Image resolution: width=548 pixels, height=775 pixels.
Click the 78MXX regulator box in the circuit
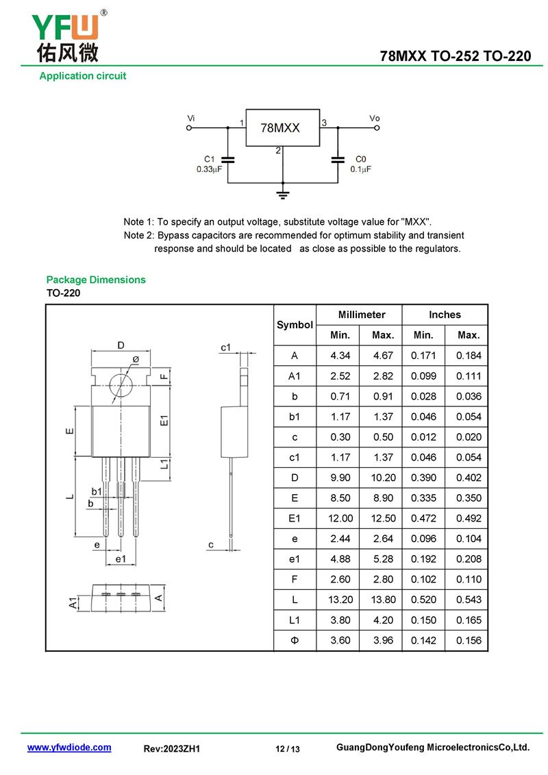pyautogui.click(x=282, y=127)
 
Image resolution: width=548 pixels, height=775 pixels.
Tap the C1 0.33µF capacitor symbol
pyautogui.click(x=228, y=160)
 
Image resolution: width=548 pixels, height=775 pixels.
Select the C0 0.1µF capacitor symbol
pyautogui.click(x=338, y=160)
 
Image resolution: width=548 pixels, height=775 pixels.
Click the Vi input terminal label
pyautogui.click(x=191, y=119)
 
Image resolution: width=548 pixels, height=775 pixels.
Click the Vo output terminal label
pyautogui.click(x=374, y=119)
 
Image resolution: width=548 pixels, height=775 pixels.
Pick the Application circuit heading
pyautogui.click(x=83, y=76)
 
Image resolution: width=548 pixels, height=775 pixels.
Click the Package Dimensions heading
pyautogui.click(x=96, y=280)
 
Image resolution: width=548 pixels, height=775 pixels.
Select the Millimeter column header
pyautogui.click(x=362, y=315)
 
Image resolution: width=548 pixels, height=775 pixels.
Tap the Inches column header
pyautogui.click(x=445, y=315)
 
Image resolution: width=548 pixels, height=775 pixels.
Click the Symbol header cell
pyautogui.click(x=295, y=325)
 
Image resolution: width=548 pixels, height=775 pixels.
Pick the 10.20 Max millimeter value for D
pyautogui.click(x=383, y=478)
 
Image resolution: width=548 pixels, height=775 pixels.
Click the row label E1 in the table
pyautogui.click(x=295, y=518)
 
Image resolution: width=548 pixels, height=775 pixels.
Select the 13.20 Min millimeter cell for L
pyautogui.click(x=340, y=600)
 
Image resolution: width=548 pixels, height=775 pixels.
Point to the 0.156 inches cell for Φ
pyautogui.click(x=469, y=641)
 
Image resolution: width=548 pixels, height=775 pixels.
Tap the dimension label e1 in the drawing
pyautogui.click(x=121, y=559)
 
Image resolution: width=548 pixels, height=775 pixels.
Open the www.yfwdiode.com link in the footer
pyautogui.click(x=69, y=748)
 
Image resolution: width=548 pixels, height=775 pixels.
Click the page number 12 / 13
pyautogui.click(x=288, y=749)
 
